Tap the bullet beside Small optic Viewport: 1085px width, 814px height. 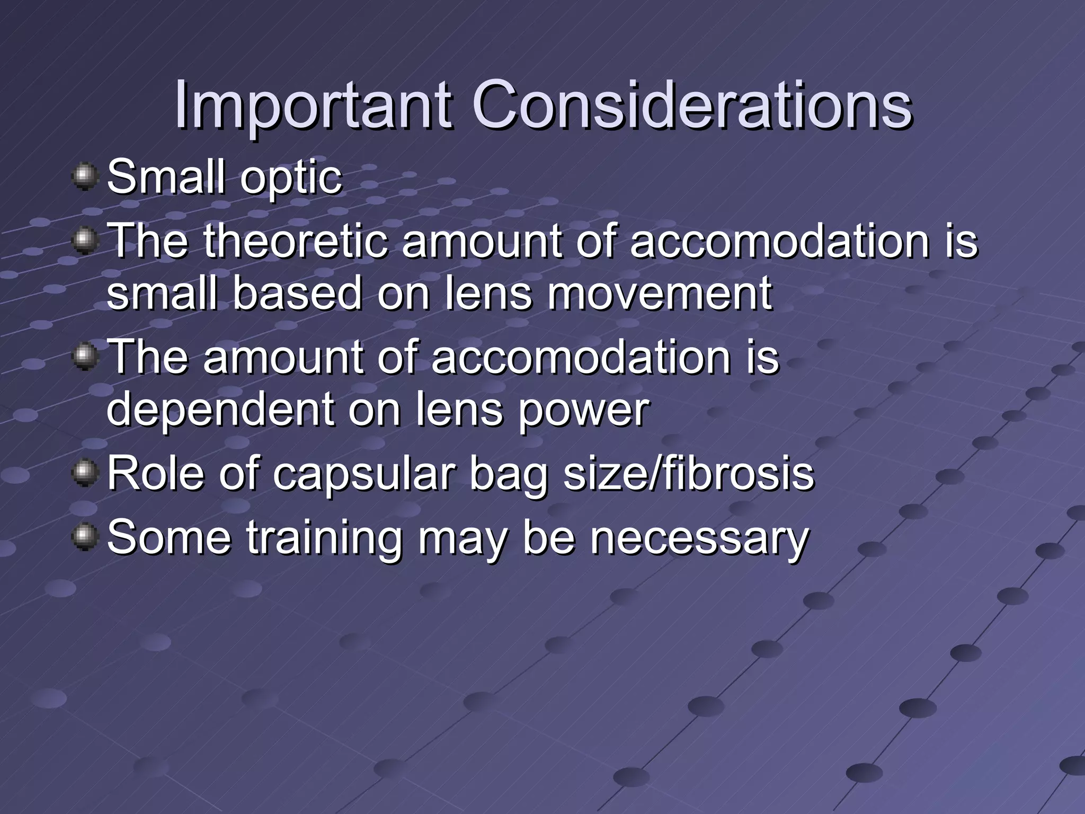tap(85, 176)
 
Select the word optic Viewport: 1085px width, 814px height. tap(291, 178)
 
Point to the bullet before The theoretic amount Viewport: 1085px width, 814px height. tap(85, 241)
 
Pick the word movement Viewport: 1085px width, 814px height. tap(659, 293)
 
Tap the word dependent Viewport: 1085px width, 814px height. tap(219, 410)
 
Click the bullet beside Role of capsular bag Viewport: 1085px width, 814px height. tap(85, 473)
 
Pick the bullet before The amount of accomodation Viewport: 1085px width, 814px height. tap(85, 357)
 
